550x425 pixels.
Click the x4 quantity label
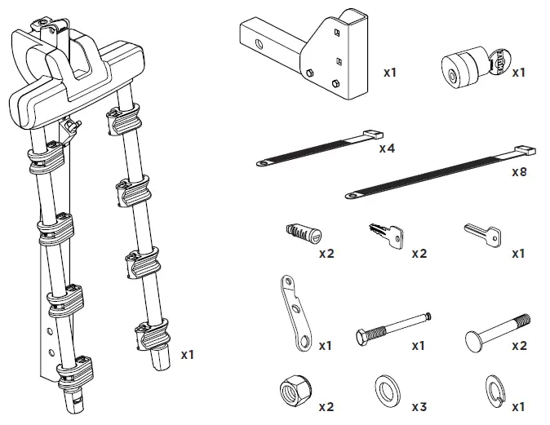pyautogui.click(x=387, y=149)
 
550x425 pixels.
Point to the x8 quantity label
pyautogui.click(x=520, y=173)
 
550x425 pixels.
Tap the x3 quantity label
pyautogui.click(x=419, y=405)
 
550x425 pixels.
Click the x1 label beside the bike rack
pyautogui.click(x=188, y=355)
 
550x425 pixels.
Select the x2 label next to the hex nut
pyautogui.click(x=326, y=406)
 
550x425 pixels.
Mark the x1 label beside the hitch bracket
pyautogui.click(x=390, y=73)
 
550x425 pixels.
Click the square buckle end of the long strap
pyautogui.click(x=523, y=150)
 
